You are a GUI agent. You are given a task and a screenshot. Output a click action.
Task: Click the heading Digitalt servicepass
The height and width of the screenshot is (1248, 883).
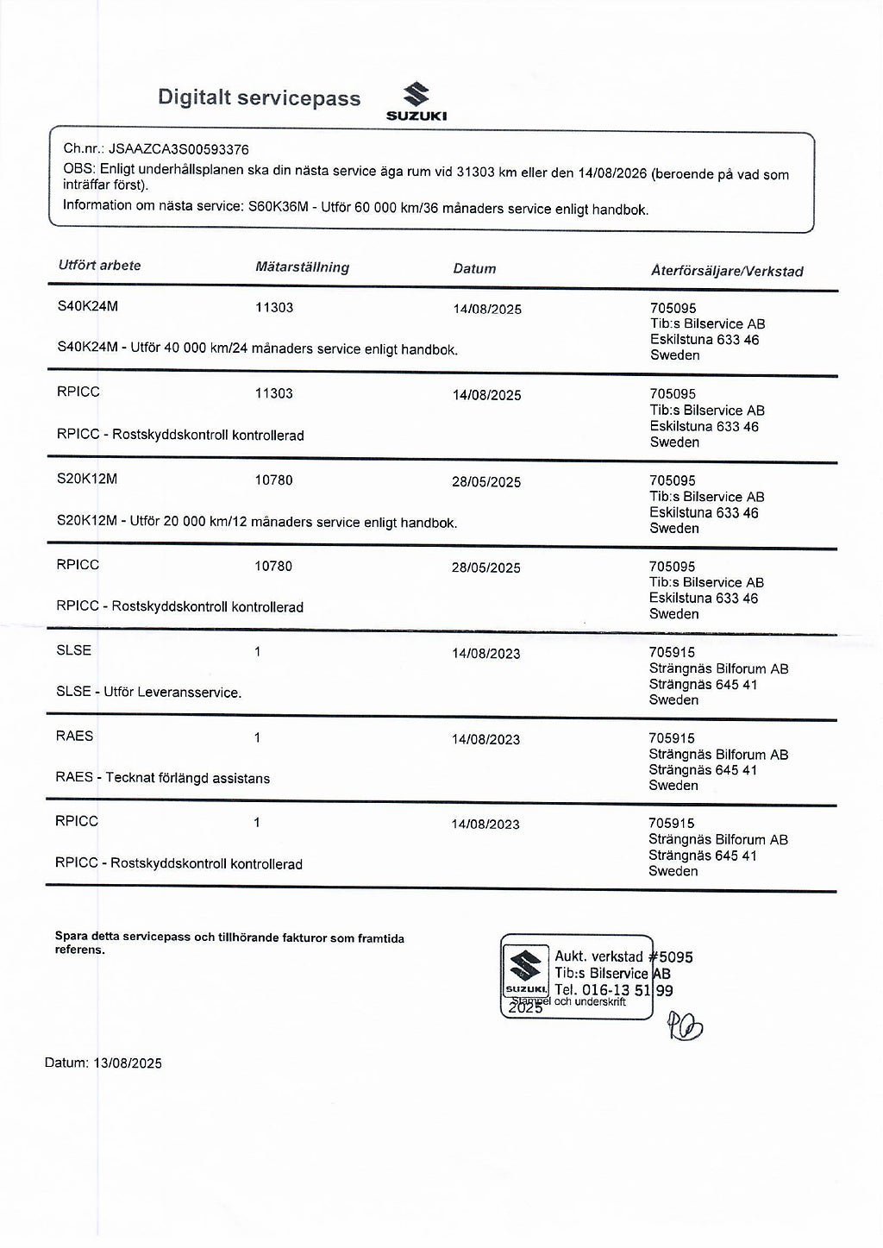coord(259,98)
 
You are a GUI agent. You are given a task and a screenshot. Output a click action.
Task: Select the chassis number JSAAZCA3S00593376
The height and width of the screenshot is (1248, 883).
coord(178,149)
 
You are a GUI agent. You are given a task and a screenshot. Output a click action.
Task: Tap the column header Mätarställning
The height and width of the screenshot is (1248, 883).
coord(302,267)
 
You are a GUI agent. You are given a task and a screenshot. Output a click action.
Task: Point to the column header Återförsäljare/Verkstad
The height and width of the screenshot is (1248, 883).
coord(726,272)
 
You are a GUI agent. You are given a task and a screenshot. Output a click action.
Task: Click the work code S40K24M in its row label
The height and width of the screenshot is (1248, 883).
coord(87,306)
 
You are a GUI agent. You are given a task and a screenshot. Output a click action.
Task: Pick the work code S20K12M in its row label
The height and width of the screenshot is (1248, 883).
coord(86,479)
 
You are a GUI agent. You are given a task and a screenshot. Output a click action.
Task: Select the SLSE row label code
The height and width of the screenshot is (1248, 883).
coord(73,650)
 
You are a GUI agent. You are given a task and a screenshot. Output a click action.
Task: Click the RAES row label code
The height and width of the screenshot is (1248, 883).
coord(74,736)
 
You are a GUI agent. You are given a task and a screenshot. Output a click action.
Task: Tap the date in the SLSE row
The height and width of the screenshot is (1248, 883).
coord(485,654)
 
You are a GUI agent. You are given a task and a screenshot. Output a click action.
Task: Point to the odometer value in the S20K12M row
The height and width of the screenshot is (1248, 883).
coord(273,480)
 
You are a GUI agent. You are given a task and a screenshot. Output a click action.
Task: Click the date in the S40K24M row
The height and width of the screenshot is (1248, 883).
coord(486,309)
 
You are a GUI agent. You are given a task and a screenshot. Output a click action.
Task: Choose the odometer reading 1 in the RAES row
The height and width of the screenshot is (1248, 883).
coord(257,737)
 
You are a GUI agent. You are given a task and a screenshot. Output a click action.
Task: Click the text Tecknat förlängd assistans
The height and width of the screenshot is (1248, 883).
coord(187,778)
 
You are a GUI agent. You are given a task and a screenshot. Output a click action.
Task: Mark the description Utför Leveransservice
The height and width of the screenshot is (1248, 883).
coord(172,692)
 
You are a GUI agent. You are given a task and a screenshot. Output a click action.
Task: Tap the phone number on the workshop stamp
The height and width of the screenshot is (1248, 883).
coord(615,990)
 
